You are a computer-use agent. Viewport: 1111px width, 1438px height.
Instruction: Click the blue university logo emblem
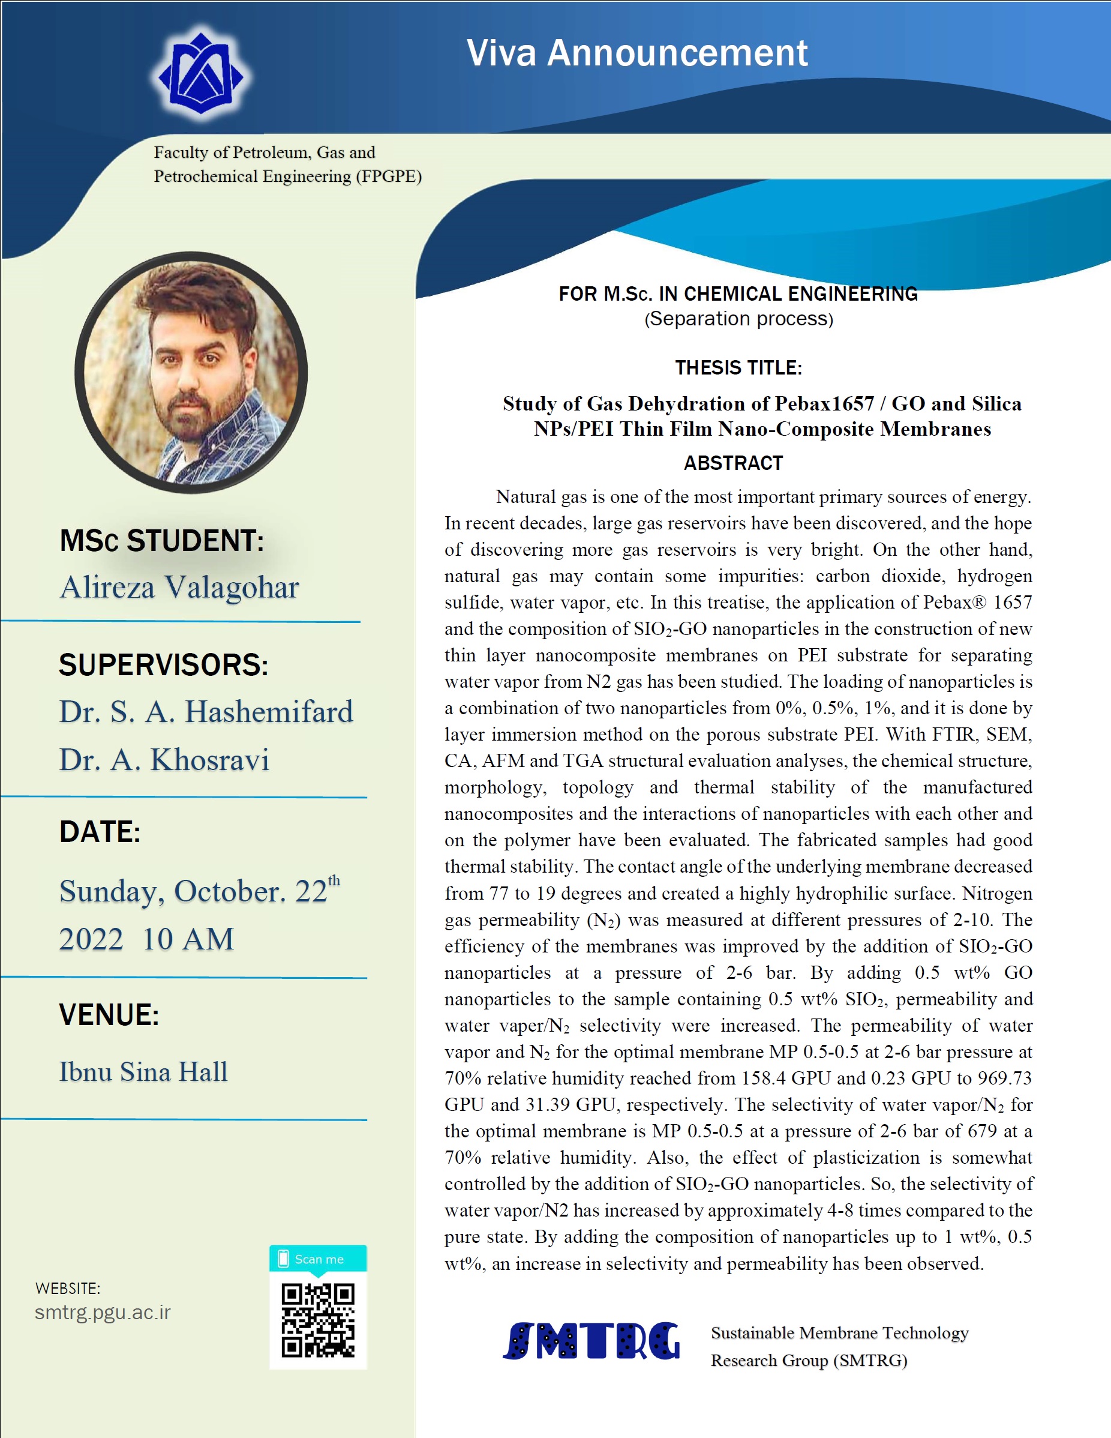pyautogui.click(x=201, y=74)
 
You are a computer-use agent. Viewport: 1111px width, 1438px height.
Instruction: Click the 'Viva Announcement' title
pyautogui.click(x=636, y=53)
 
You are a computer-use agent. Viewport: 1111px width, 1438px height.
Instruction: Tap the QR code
pyautogui.click(x=318, y=1320)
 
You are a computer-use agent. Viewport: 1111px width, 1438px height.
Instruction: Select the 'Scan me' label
pyautogui.click(x=319, y=1259)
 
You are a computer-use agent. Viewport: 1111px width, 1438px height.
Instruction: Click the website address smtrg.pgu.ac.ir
pyautogui.click(x=103, y=1312)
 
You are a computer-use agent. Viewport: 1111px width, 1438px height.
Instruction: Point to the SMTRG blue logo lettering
pyautogui.click(x=590, y=1341)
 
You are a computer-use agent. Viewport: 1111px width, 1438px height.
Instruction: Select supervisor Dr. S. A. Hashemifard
pyautogui.click(x=206, y=712)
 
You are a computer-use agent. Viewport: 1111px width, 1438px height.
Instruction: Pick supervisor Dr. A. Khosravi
pyautogui.click(x=164, y=760)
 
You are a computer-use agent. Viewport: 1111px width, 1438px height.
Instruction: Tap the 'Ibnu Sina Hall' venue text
pyautogui.click(x=143, y=1072)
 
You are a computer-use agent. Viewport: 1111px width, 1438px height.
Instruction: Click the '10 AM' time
pyautogui.click(x=188, y=939)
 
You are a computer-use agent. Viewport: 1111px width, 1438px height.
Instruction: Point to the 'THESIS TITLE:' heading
pyautogui.click(x=738, y=367)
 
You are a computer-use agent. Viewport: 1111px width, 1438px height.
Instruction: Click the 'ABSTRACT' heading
pyautogui.click(x=733, y=463)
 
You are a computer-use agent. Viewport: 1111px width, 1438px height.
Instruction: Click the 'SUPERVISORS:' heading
pyautogui.click(x=164, y=664)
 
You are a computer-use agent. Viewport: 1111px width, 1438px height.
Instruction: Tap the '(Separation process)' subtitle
pyautogui.click(x=738, y=319)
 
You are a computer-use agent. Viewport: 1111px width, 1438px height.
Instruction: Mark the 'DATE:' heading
pyautogui.click(x=100, y=832)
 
